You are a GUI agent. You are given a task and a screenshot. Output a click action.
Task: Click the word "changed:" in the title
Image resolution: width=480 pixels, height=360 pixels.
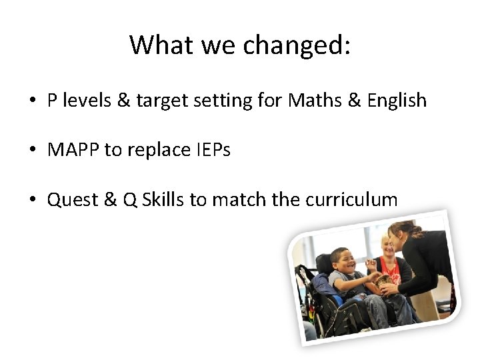(x=297, y=45)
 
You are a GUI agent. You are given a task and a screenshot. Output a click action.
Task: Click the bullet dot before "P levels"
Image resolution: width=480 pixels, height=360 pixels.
(x=32, y=101)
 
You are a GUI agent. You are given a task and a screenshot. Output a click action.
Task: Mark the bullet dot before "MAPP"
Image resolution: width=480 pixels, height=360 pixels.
(x=32, y=151)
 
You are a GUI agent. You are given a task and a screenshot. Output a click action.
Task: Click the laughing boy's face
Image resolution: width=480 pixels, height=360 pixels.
(x=343, y=261)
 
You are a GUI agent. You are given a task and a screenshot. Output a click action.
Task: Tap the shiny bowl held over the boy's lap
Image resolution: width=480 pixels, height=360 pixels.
(x=384, y=282)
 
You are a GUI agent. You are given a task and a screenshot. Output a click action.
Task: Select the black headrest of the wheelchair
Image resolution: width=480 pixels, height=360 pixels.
(x=325, y=262)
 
